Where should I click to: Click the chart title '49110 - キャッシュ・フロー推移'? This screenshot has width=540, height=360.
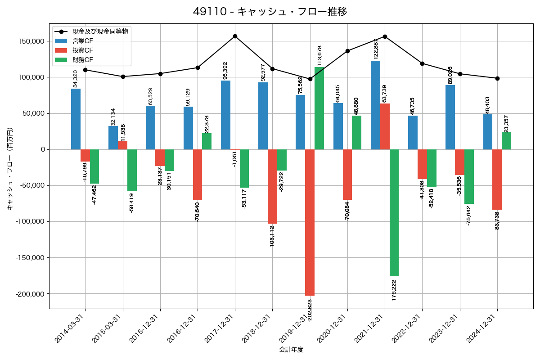click(x=270, y=12)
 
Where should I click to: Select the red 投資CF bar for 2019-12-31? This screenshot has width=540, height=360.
click(x=310, y=222)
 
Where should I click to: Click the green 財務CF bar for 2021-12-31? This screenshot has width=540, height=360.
click(x=394, y=212)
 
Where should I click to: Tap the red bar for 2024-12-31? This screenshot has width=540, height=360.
click(x=497, y=179)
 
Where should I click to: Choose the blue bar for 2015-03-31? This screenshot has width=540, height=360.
click(x=113, y=138)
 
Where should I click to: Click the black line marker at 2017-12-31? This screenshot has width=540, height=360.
click(x=235, y=36)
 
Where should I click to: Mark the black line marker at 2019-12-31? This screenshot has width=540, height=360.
click(x=310, y=79)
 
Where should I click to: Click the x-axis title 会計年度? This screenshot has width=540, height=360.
click(x=291, y=350)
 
